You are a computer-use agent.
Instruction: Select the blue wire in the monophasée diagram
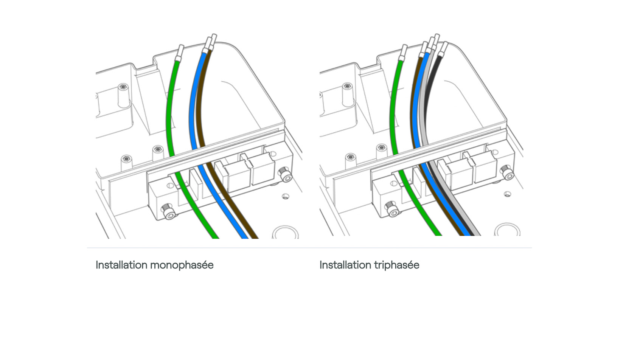coord(192,113)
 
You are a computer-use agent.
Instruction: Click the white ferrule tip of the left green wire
coord(180,52)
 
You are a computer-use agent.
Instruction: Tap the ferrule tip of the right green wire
coord(404,52)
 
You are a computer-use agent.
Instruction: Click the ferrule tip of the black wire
coord(444,48)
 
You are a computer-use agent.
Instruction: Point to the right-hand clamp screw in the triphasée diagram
coord(507,172)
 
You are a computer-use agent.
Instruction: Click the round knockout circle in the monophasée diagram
coord(285,232)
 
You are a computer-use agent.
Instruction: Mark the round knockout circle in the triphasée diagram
coord(507,230)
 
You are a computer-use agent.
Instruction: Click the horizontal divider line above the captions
coord(309,248)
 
